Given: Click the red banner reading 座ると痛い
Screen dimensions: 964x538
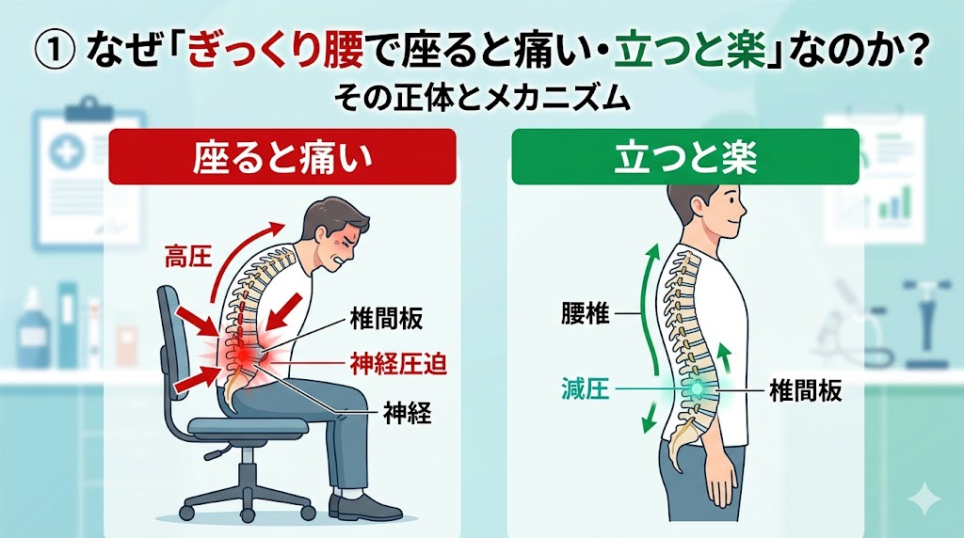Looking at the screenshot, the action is [282, 157].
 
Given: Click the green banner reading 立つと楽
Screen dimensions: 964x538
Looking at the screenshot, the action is [685, 157].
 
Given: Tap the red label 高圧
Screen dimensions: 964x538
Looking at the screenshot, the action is [188, 256].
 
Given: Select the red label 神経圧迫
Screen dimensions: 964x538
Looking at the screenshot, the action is [398, 364].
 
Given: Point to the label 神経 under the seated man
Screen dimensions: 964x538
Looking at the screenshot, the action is [407, 413].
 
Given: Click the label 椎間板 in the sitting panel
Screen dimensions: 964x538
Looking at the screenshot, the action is [386, 318].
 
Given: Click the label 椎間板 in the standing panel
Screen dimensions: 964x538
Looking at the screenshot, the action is [806, 389].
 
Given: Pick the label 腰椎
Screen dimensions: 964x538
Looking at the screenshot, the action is [586, 314].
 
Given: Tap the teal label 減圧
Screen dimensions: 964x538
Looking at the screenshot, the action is [586, 389].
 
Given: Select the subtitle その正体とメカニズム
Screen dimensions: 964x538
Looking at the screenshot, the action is [483, 99].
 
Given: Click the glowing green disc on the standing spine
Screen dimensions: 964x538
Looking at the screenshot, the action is [697, 388].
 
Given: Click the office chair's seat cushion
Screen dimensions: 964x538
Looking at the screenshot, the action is [248, 426].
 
